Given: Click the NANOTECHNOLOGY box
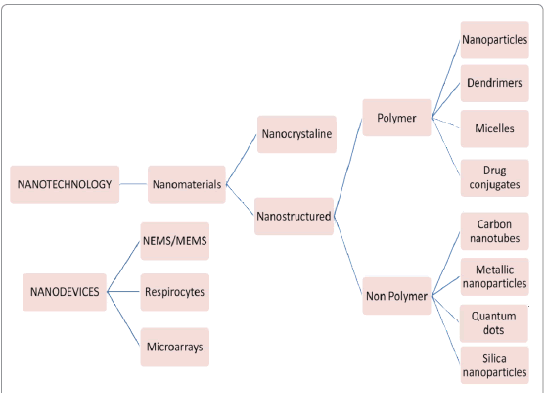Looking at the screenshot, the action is click(65, 184).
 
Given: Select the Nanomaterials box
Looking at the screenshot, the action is click(187, 184).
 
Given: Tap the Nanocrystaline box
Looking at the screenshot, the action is click(296, 134).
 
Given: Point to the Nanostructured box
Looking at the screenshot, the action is click(294, 217).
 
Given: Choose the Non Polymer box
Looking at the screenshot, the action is click(396, 296).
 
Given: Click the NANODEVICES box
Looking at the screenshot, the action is click(65, 292).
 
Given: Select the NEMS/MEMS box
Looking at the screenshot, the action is click(175, 241).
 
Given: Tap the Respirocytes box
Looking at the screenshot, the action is click(175, 292).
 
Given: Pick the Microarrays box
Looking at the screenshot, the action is click(175, 347).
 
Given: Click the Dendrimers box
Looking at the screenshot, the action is click(495, 83).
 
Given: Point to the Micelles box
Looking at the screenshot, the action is click(495, 128).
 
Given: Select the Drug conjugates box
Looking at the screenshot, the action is click(495, 178).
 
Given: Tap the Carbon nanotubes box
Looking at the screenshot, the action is click(495, 231).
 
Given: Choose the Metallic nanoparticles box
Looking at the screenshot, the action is click(495, 277).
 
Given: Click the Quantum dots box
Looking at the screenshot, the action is click(494, 323).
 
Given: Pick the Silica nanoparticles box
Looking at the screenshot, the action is click(495, 366).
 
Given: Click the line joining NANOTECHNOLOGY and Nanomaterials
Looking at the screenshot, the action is click(133, 184).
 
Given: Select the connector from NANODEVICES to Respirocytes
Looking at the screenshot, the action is click(123, 291).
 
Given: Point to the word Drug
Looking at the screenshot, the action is click(494, 171).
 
